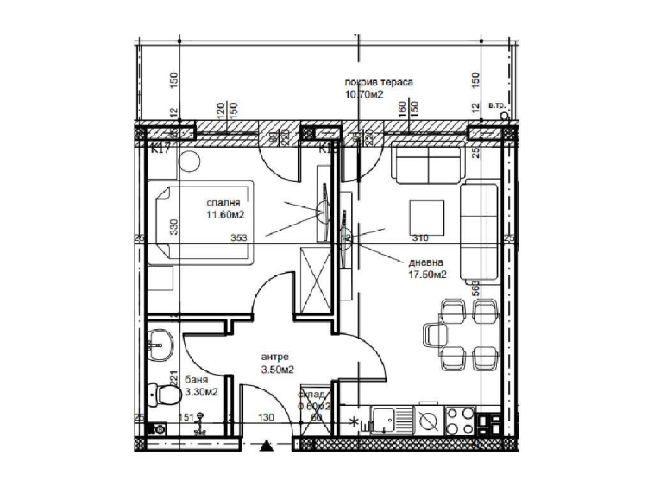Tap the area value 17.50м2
426,275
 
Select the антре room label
275,356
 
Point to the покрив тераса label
379,82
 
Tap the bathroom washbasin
158,345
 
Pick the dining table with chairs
461,332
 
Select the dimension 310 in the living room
419,238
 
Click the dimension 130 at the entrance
267,418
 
